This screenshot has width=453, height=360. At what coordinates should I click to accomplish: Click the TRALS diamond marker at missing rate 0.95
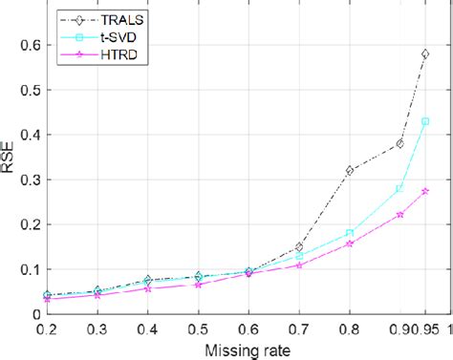tap(424, 54)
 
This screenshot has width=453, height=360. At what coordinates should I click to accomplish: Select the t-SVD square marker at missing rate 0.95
tap(424, 122)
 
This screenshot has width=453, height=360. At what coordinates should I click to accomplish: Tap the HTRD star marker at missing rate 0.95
tap(424, 191)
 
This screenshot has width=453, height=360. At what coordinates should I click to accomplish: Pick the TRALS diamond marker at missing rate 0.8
tap(349, 170)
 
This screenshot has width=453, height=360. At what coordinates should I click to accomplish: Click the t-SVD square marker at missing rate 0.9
tap(399, 189)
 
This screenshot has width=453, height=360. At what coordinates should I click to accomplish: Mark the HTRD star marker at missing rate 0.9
tap(399, 214)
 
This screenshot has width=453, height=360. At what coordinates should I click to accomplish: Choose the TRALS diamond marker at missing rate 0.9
tap(399, 143)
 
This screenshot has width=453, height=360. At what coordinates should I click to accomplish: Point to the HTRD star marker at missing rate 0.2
tap(47, 298)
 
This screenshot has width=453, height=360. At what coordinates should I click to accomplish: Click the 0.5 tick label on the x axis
tap(197, 328)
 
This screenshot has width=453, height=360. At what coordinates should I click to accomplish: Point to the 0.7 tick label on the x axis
tap(298, 328)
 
